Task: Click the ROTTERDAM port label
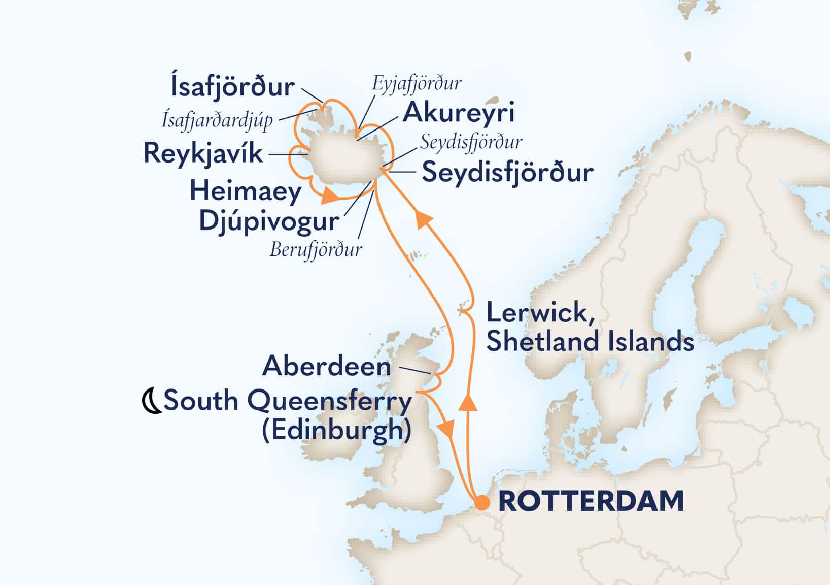click(x=591, y=502)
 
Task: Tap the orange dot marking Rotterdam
click(x=482, y=503)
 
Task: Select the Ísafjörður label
click(x=233, y=87)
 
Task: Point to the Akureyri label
click(x=459, y=112)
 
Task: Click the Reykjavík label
click(x=203, y=153)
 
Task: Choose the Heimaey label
click(x=246, y=192)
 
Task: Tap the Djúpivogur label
click(x=269, y=221)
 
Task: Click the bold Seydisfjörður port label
click(x=508, y=173)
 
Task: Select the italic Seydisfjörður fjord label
click(x=471, y=143)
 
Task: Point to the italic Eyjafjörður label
click(x=417, y=83)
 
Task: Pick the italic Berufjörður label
click(x=316, y=250)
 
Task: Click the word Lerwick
click(x=536, y=312)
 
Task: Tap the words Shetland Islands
click(x=590, y=341)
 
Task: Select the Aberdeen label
click(x=327, y=367)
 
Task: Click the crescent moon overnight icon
click(x=151, y=401)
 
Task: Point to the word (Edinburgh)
click(x=336, y=431)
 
